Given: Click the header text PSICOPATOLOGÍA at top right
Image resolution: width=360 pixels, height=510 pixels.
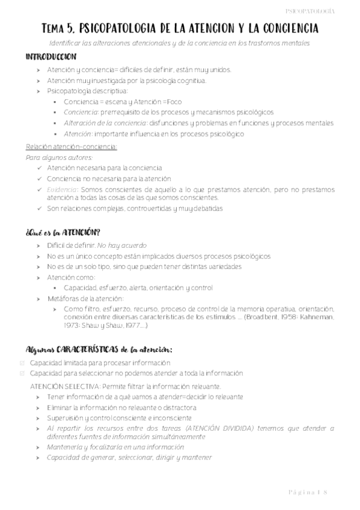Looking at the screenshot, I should [x=326, y=11].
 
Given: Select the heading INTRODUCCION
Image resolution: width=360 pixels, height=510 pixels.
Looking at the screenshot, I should [x=50, y=57].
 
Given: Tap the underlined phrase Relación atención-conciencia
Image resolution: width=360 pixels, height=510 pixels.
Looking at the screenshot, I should [x=72, y=147].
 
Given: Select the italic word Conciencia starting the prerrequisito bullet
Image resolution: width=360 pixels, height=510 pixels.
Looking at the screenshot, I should [x=81, y=112].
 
